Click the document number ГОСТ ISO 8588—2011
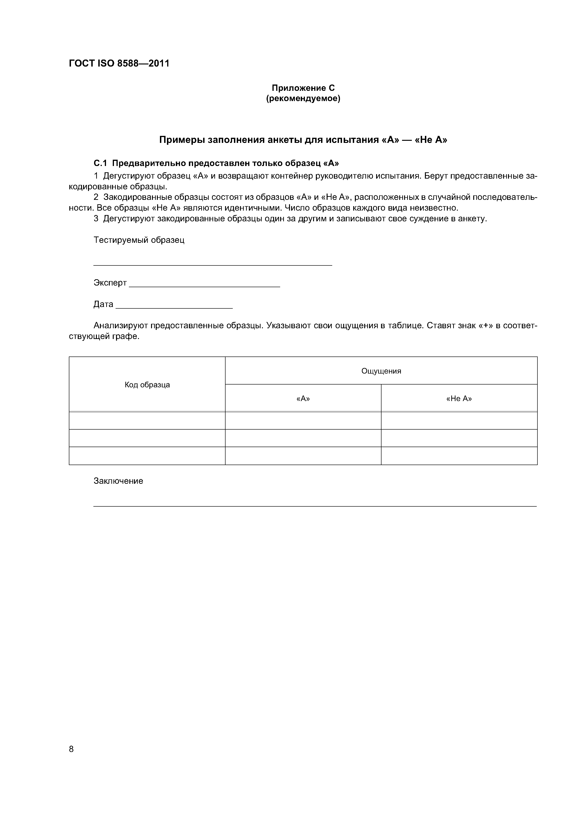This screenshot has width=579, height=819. pyautogui.click(x=119, y=64)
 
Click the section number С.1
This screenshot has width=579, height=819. pyautogui.click(x=100, y=163)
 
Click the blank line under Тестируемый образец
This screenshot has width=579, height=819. pyautogui.click(x=213, y=265)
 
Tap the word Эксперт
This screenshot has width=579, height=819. pyautogui.click(x=110, y=283)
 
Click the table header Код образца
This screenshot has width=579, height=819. pyautogui.click(x=147, y=385)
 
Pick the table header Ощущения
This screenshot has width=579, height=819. pyautogui.click(x=381, y=371)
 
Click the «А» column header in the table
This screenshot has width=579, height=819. pyautogui.click(x=303, y=399)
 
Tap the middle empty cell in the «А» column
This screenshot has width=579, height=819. pyautogui.click(x=303, y=438)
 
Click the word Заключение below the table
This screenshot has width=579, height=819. pyautogui.click(x=118, y=481)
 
